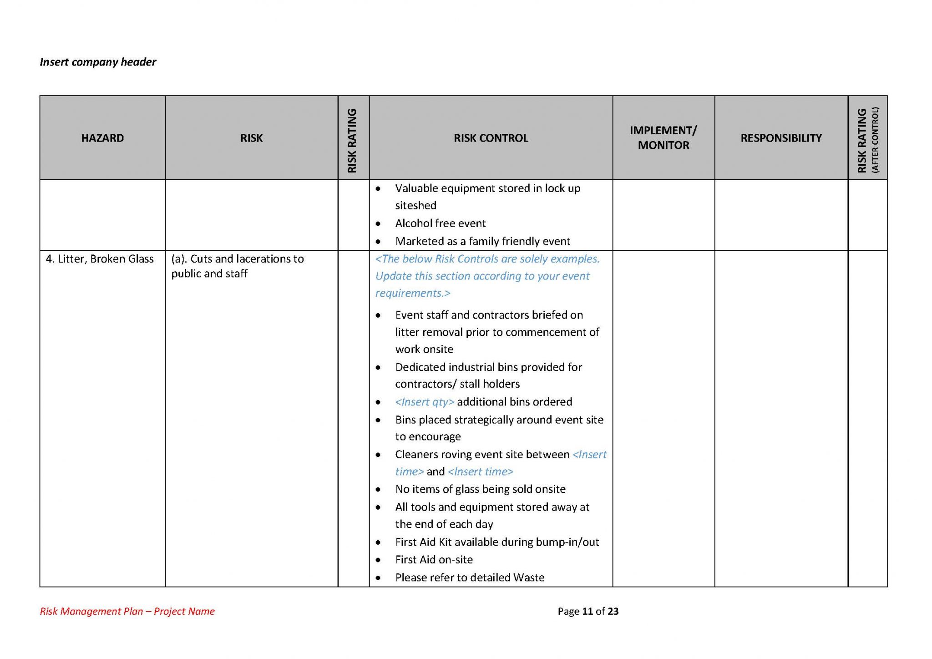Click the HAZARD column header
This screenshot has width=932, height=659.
102,138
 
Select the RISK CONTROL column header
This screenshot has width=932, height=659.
491,138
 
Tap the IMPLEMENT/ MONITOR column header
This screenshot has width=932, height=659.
663,138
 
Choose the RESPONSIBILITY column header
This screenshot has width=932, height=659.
781,138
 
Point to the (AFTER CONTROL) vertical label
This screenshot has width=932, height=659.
875,140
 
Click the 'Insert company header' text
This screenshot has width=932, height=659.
98,62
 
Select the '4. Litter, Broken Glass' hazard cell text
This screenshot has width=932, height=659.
100,259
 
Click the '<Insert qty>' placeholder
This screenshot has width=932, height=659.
425,402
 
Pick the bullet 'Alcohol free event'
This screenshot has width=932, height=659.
440,223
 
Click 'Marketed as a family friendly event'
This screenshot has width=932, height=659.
482,241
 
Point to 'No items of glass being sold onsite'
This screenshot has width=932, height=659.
480,489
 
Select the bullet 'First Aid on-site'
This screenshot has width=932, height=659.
434,560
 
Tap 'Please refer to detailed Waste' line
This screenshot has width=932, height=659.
470,578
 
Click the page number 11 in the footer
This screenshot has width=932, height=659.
587,611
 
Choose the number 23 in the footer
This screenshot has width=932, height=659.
613,611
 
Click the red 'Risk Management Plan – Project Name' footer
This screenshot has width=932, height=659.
127,611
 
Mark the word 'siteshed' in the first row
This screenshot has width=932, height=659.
415,206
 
